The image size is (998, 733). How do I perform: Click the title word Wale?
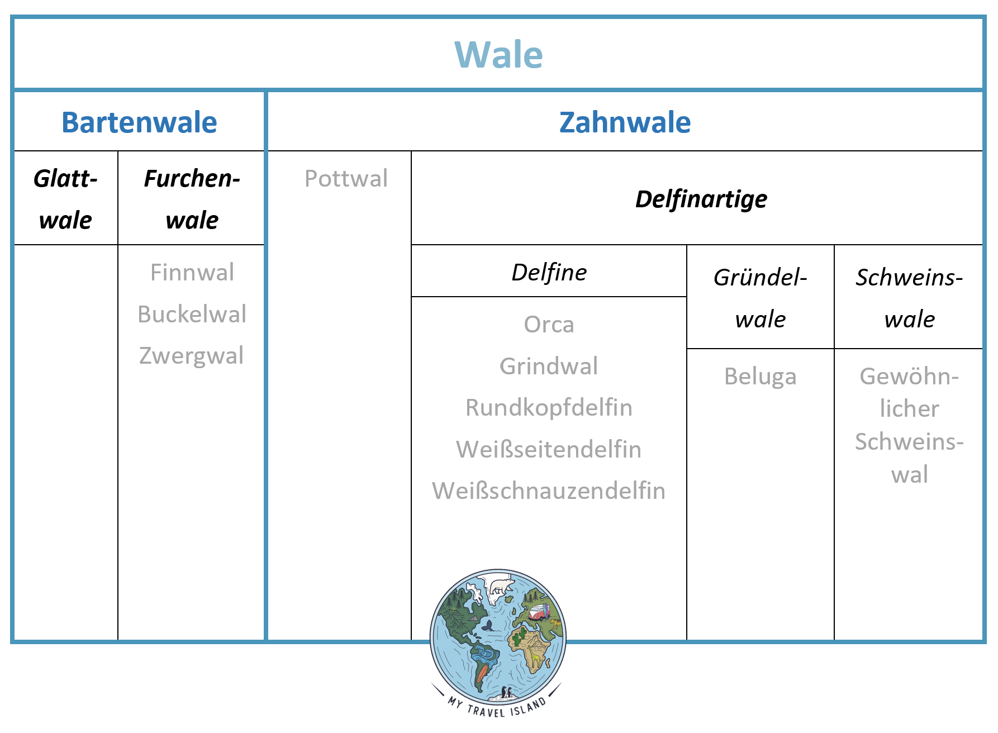click(x=498, y=55)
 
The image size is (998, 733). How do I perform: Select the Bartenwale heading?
click(x=139, y=122)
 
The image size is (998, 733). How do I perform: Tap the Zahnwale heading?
click(x=625, y=122)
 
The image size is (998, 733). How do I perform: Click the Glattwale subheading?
click(x=65, y=199)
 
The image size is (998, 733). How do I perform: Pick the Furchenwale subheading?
click(x=192, y=199)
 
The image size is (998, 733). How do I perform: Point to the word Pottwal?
click(x=346, y=179)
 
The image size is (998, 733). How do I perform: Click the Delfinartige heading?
click(x=701, y=199)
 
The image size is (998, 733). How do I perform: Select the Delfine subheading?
click(x=549, y=273)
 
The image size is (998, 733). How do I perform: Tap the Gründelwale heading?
click(x=761, y=298)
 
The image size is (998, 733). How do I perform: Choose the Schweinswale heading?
click(x=909, y=298)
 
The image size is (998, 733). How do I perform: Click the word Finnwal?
click(x=192, y=273)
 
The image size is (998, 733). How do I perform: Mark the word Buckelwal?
click(x=192, y=314)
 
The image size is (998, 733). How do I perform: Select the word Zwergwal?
click(x=191, y=356)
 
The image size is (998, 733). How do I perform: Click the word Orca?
click(x=549, y=325)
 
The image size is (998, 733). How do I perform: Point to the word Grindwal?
click(x=549, y=366)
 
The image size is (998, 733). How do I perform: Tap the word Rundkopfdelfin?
click(x=549, y=408)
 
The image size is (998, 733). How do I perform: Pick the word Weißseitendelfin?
click(x=549, y=450)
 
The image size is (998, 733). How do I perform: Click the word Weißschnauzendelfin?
click(x=549, y=491)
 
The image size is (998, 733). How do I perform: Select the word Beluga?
click(x=760, y=377)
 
